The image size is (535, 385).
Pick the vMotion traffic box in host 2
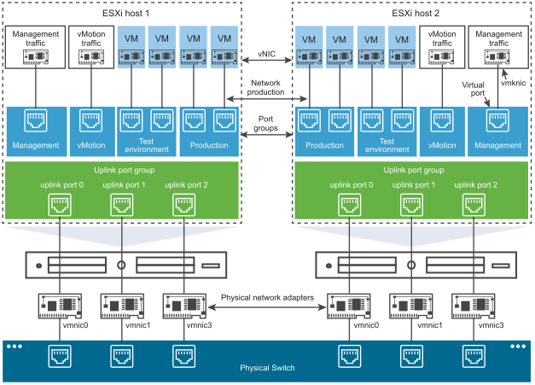click(442, 48)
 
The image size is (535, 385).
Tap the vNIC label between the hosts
click(266, 53)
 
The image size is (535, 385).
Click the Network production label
click(267, 87)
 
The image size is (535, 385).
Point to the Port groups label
click(267, 123)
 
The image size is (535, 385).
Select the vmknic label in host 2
click(513, 84)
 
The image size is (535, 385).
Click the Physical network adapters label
click(266, 298)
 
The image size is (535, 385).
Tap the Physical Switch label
click(267, 368)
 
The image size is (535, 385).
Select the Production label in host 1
click(210, 145)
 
